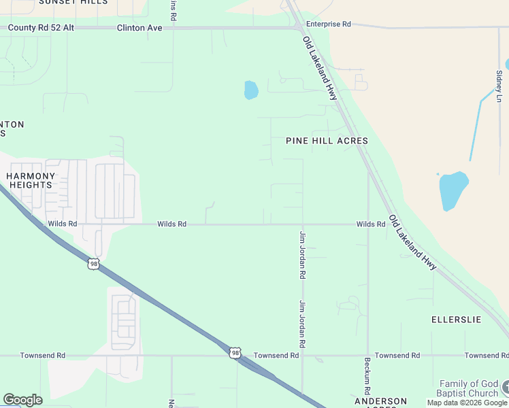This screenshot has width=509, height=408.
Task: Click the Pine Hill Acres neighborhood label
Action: pos(327,141)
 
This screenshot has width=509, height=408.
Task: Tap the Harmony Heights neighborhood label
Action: pos(29,180)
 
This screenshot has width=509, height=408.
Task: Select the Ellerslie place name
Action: pos(456,319)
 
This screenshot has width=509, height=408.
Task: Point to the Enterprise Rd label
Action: pos(328,24)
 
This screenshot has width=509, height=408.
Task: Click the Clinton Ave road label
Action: pos(139,28)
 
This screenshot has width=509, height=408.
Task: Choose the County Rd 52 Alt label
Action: pos(41,28)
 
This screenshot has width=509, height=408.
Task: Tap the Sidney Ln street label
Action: pos(499,85)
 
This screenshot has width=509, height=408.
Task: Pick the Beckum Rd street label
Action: pos(367,377)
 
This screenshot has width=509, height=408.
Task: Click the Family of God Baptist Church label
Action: pos(469,388)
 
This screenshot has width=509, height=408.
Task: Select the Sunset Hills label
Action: pos(73,2)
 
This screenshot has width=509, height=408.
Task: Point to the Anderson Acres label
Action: pos(380,402)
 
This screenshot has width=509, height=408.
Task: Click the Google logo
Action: pos(22,400)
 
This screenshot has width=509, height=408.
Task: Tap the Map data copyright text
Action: pos(467,403)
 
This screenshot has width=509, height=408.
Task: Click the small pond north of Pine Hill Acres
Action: pos(251,90)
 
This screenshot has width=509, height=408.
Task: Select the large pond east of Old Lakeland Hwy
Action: pos(453,189)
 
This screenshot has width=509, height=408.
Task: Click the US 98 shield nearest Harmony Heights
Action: pos(93,263)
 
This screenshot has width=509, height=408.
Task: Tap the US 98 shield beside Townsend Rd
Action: pos(235,352)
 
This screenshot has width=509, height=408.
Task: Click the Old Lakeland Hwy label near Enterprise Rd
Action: pos(320,68)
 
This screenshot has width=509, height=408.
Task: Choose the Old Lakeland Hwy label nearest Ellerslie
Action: pos(412,243)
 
